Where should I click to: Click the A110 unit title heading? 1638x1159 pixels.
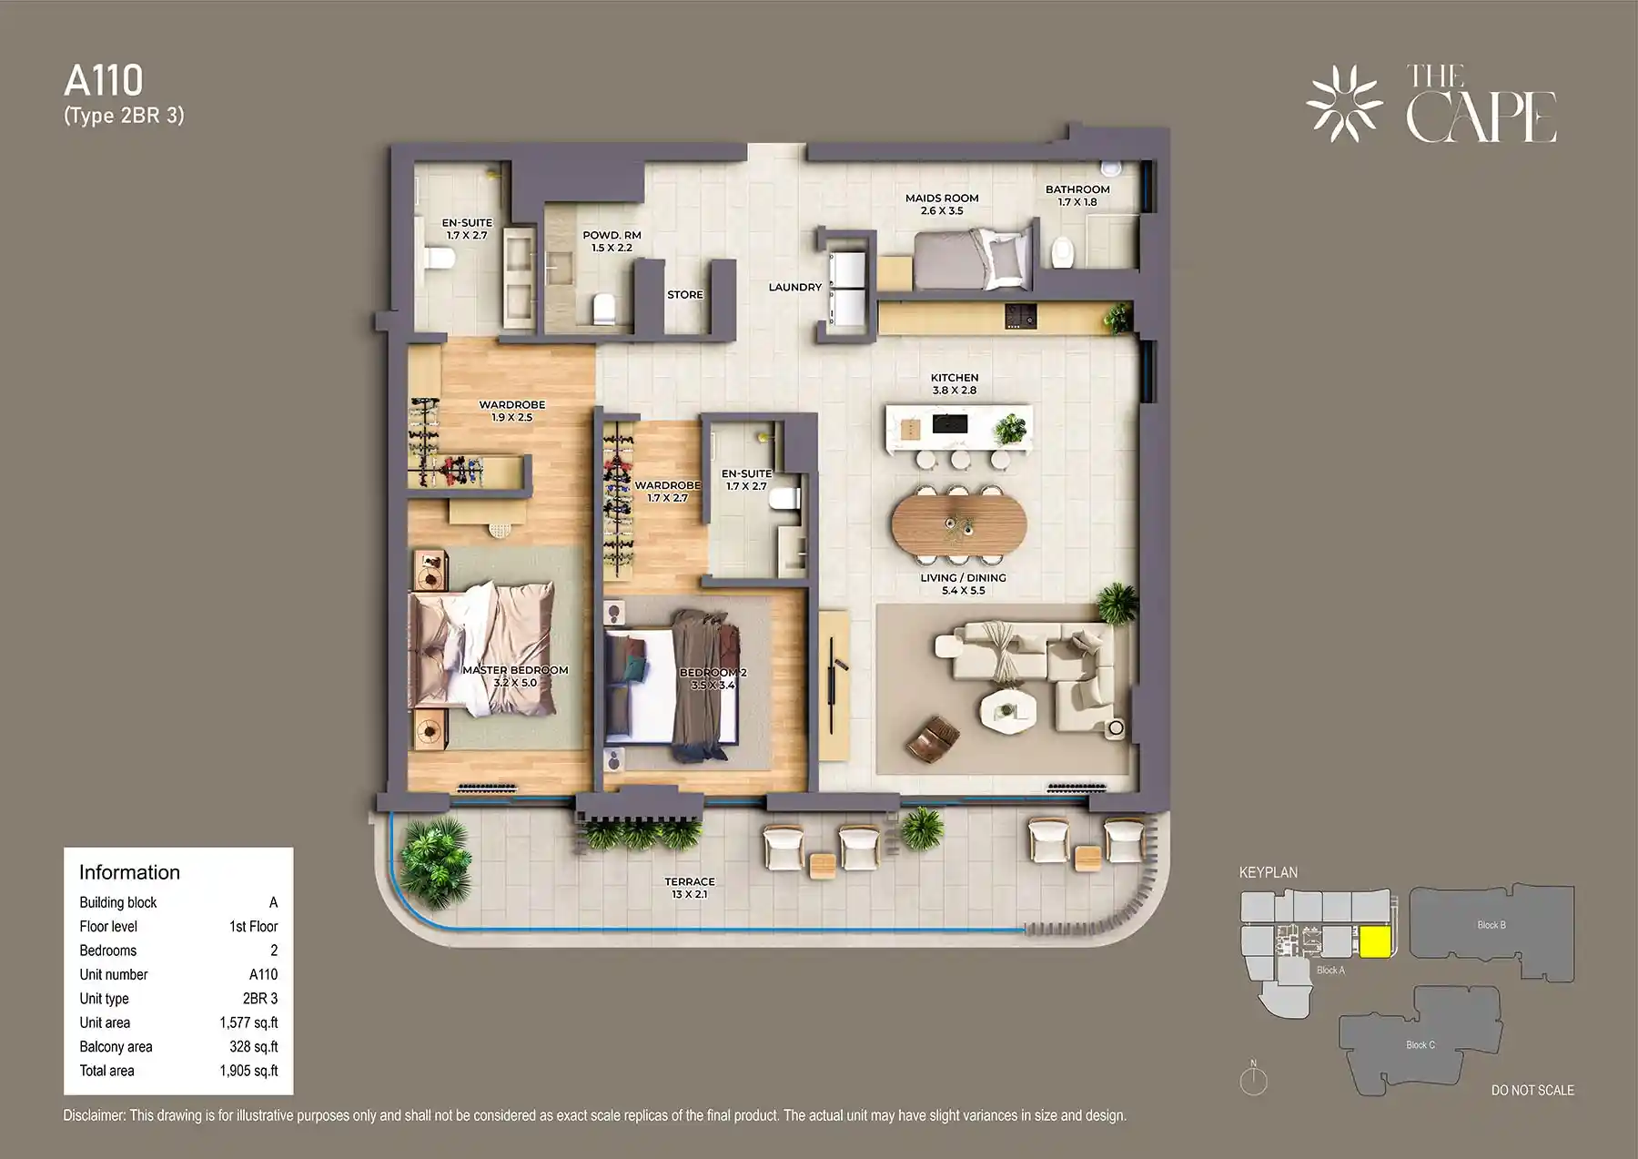pos(104,81)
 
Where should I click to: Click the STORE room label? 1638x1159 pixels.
pos(684,295)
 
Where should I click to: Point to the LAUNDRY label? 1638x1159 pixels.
pos(794,287)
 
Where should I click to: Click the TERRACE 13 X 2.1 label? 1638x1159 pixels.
pos(689,888)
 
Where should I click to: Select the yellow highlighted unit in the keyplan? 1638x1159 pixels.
pos(1374,941)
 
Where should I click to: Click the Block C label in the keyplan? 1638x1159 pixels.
pos(1420,1044)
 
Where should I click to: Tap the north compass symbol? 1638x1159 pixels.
pos(1253,1080)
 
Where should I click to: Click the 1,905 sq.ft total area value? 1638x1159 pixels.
pos(248,1071)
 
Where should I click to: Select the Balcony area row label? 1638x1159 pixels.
pos(116,1047)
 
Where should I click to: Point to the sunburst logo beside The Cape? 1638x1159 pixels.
pos(1344,104)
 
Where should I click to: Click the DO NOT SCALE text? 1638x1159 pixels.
pos(1532,1090)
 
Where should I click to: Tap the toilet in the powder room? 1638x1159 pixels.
pos(605,308)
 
